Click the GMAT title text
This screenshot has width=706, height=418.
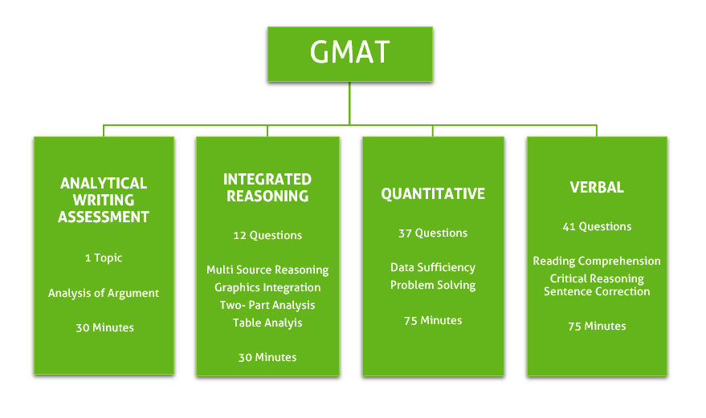350,52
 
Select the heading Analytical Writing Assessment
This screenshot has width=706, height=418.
104,200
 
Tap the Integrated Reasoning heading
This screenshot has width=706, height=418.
267,188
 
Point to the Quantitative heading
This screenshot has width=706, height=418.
433,193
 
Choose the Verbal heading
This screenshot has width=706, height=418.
597,187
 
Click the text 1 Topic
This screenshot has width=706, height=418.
104,258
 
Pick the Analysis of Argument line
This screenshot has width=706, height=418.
104,294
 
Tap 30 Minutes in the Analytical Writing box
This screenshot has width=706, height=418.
104,327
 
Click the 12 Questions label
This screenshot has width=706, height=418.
267,235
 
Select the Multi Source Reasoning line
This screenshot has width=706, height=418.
267,270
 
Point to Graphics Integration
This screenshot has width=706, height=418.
267,287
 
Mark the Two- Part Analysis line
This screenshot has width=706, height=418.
267,305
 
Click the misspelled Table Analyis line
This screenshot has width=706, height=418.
267,323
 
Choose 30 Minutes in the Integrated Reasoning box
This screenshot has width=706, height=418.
267,357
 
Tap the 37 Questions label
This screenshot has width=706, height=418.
433,233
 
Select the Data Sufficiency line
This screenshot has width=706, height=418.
433,268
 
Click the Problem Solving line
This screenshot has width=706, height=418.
433,286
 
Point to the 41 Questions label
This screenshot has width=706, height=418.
597,226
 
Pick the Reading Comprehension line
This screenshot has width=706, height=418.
597,261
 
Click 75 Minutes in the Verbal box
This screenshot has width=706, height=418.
597,327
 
